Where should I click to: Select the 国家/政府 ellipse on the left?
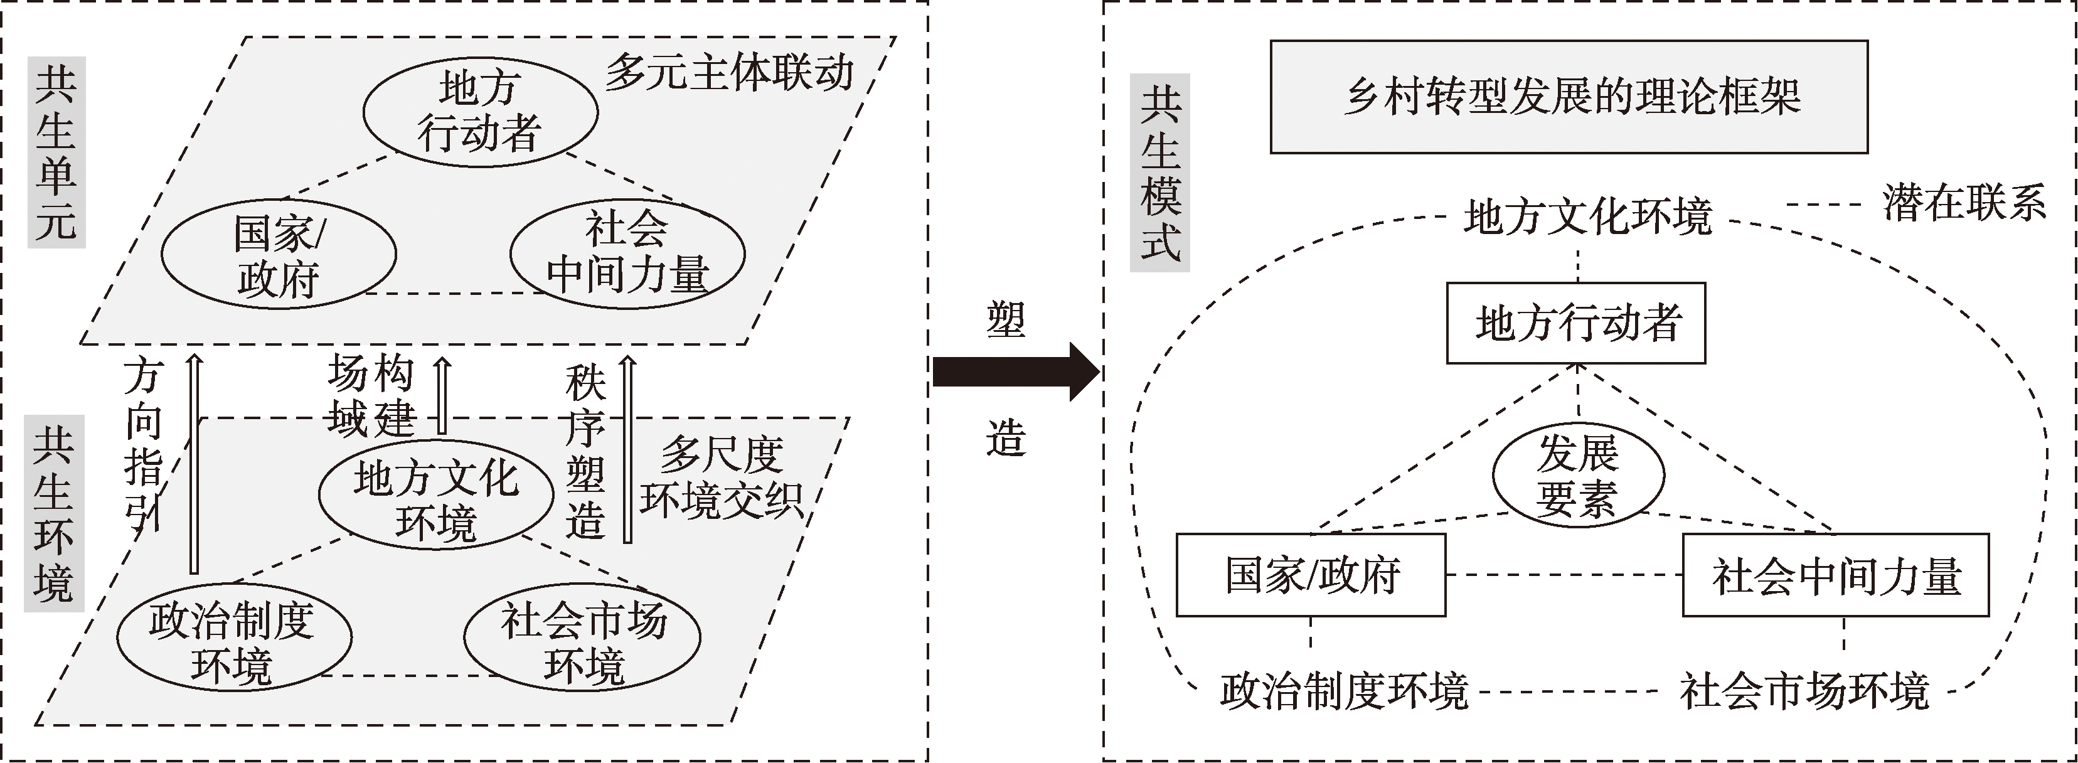[279, 254]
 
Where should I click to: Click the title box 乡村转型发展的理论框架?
[1569, 97]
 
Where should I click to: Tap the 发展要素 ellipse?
[1578, 476]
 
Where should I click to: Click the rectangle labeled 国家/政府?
[1311, 575]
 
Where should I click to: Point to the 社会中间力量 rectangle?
[1835, 575]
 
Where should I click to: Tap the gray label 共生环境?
[54, 513]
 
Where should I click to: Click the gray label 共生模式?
[1160, 173]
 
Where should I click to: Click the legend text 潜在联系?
[1964, 203]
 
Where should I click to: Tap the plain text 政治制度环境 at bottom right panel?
[1343, 691]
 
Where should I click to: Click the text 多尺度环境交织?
[722, 478]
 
